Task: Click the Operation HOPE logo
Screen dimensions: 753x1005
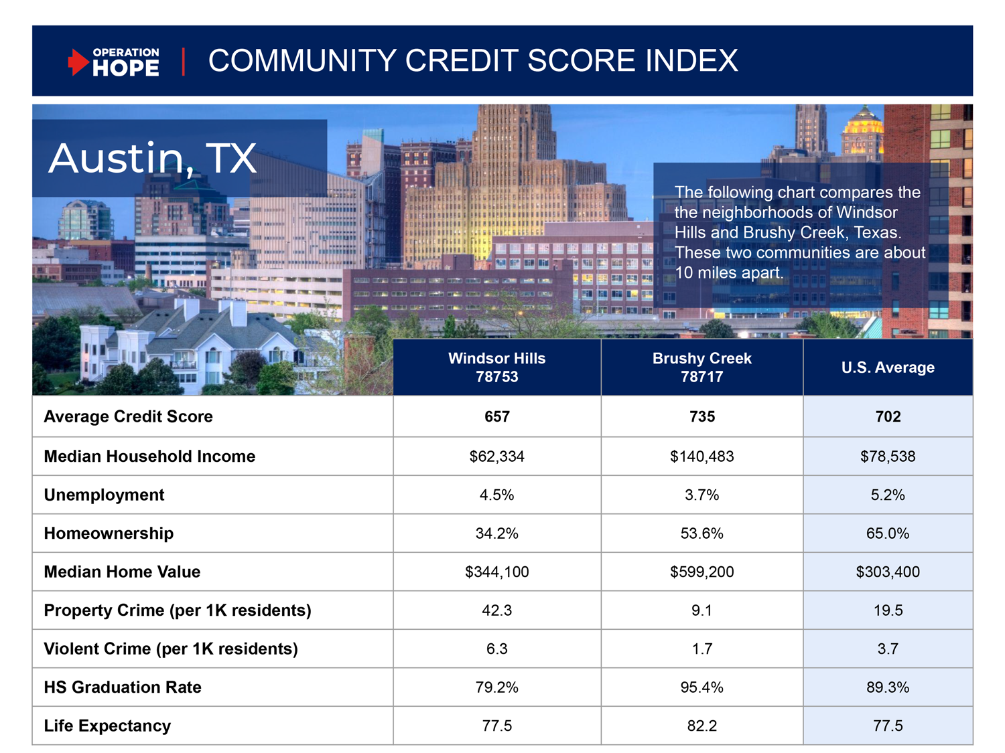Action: tap(114, 62)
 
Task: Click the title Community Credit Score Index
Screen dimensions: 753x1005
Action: tap(473, 61)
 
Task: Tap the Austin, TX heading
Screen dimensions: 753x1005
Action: tap(153, 159)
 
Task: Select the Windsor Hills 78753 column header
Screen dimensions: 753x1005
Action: tap(496, 367)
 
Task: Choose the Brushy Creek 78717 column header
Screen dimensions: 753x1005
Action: tap(701, 367)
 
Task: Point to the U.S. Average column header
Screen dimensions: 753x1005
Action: tap(888, 367)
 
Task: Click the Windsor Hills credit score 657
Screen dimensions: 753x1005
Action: tap(496, 416)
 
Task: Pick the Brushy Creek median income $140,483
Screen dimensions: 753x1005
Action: tap(701, 456)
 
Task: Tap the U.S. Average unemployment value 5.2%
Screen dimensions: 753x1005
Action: tap(888, 495)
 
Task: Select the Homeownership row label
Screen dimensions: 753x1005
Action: tap(109, 533)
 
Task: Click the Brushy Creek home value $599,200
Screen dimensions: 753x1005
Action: tap(701, 572)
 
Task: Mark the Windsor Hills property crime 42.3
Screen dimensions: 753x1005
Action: tap(496, 610)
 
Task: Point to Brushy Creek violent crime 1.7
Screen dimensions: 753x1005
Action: tap(701, 649)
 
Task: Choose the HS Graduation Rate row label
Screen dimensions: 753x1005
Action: tap(123, 687)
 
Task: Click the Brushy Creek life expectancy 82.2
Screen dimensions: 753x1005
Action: tap(701, 726)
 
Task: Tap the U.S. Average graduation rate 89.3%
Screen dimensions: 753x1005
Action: tap(888, 687)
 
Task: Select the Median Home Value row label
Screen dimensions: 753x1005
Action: tap(122, 572)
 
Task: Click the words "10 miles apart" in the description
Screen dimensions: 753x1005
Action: tap(729, 273)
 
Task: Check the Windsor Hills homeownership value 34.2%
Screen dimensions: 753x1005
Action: tap(496, 533)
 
